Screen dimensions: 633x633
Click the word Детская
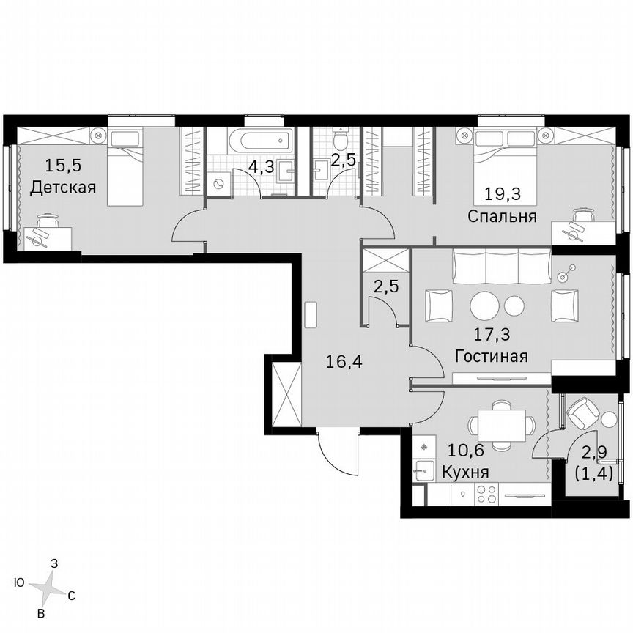[x=63, y=188]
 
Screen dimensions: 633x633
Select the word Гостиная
[x=491, y=357]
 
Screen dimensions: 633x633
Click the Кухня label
[x=465, y=473]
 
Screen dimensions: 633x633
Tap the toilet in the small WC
[x=339, y=139]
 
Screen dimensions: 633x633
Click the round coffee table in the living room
[x=486, y=306]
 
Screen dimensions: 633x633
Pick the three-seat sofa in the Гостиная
[x=501, y=267]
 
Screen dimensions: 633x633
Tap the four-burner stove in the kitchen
[x=488, y=495]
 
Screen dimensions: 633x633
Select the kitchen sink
[x=423, y=472]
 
